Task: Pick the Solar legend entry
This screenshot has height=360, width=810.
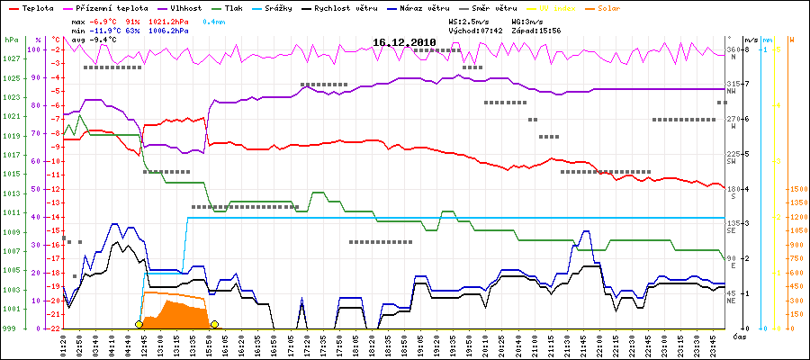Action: click(608, 7)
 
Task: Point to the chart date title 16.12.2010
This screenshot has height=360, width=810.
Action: click(404, 41)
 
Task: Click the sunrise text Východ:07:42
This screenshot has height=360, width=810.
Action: click(475, 29)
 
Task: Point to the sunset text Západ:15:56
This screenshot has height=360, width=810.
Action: click(537, 29)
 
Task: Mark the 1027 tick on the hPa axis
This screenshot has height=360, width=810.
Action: click(11, 58)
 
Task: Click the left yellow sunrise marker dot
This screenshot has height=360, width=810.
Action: click(139, 324)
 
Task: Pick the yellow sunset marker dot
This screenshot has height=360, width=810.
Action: click(214, 324)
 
